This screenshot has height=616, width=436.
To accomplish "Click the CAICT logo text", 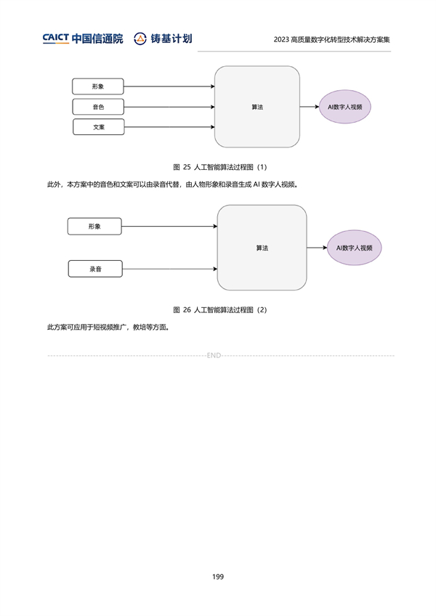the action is (56, 38).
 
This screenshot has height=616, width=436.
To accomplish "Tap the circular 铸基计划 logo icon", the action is (140, 38).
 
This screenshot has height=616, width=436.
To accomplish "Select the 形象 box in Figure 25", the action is (98, 86).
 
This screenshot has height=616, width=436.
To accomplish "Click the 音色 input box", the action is (98, 107).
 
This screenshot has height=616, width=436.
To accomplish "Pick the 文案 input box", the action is (99, 127).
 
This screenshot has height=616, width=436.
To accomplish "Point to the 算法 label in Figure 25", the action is (257, 107).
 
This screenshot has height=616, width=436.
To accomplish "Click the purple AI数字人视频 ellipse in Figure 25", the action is (344, 107).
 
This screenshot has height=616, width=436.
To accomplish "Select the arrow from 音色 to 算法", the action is (169, 107).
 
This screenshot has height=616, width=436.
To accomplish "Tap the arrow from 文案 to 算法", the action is (170, 127).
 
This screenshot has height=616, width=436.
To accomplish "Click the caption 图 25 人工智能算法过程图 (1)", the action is (220, 167).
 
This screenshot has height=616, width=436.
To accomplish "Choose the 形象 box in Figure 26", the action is (94, 227).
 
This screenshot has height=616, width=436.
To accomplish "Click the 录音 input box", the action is (95, 269).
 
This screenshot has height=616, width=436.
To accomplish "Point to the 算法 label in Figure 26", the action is (262, 248).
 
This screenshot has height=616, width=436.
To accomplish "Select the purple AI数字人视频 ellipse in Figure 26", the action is (354, 248).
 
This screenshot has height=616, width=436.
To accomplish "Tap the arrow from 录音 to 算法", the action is (170, 269).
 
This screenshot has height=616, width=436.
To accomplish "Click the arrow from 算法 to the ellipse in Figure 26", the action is (317, 248).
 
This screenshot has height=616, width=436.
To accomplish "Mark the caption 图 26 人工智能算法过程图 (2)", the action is (220, 310).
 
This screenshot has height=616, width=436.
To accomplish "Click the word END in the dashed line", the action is (214, 355).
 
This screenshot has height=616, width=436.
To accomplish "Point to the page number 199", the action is (218, 577).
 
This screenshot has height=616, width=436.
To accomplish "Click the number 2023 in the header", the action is (281, 40).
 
